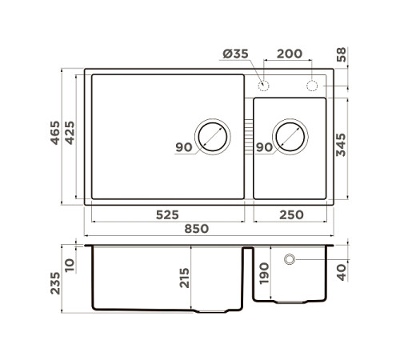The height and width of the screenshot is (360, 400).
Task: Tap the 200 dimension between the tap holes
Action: point(289,54)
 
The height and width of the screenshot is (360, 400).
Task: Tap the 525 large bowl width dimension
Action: point(166,214)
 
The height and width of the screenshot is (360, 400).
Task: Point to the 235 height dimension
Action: point(54,278)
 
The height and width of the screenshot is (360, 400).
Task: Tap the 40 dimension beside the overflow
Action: point(342,271)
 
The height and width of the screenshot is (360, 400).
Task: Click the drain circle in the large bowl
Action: point(212,137)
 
